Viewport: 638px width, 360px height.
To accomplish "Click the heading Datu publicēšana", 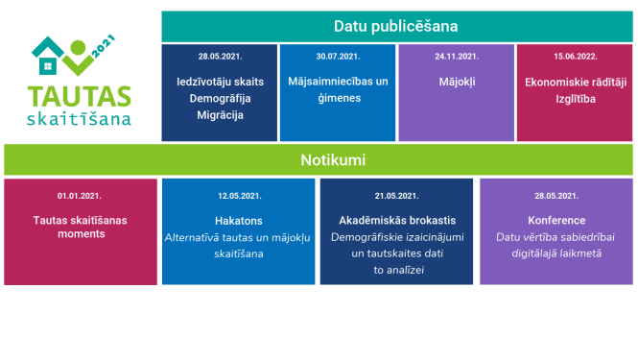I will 395,25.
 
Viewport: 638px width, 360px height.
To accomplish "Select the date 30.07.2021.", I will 338,57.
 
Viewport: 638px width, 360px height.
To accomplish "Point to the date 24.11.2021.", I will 456,57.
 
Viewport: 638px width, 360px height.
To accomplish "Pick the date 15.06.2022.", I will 575,57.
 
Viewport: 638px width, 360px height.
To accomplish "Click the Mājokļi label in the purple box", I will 456,82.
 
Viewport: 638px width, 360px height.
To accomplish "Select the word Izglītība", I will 575,99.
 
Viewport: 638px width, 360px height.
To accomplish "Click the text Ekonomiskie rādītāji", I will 575,82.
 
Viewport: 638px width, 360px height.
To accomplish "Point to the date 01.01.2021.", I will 80,195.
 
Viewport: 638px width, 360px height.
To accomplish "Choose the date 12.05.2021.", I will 239,195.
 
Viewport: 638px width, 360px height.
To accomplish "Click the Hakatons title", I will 239,220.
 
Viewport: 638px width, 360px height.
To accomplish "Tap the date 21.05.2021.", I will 396,195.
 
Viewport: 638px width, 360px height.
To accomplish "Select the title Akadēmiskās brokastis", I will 396,220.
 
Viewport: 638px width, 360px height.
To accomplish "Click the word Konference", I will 555,220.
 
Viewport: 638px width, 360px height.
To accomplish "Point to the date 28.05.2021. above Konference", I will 555,195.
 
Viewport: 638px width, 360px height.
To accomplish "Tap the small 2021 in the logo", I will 104,47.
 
